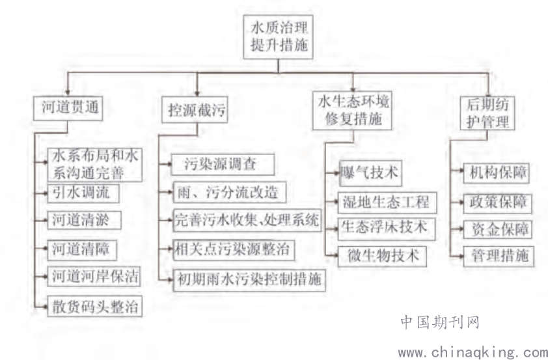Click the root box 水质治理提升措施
278,36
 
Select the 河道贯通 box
68,108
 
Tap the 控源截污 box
195,110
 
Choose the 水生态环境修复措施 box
352,111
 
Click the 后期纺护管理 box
487,113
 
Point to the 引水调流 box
83,193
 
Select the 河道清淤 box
84,220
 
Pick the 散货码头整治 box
95,307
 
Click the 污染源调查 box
223,164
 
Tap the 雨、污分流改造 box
230,192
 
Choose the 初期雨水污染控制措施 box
249,280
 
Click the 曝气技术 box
370,173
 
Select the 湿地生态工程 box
387,202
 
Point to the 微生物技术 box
382,256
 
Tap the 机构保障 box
497,173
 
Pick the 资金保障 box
498,229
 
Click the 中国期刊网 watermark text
440,322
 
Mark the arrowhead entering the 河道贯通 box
68,92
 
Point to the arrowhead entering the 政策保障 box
461,202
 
